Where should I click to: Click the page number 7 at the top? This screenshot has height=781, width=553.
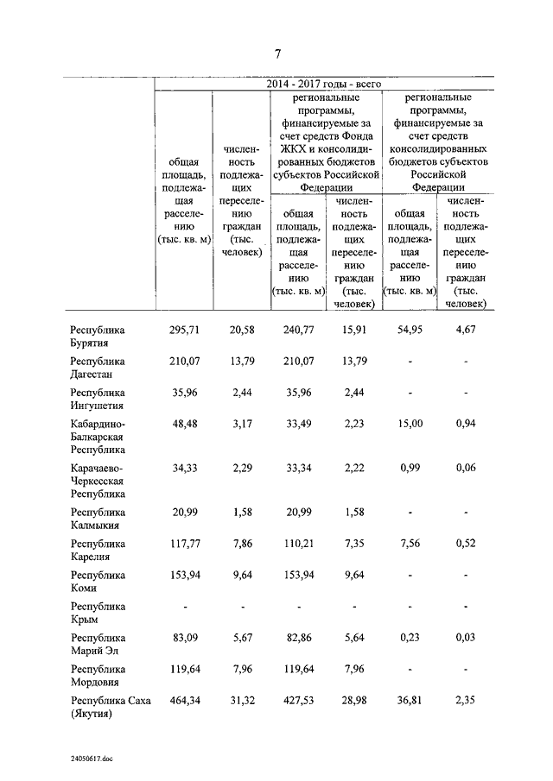tap(277, 54)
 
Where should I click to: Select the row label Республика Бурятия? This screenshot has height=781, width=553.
tap(98, 337)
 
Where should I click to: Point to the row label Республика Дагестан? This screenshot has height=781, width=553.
tap(98, 368)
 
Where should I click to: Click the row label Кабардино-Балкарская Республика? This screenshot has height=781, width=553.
tap(99, 436)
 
